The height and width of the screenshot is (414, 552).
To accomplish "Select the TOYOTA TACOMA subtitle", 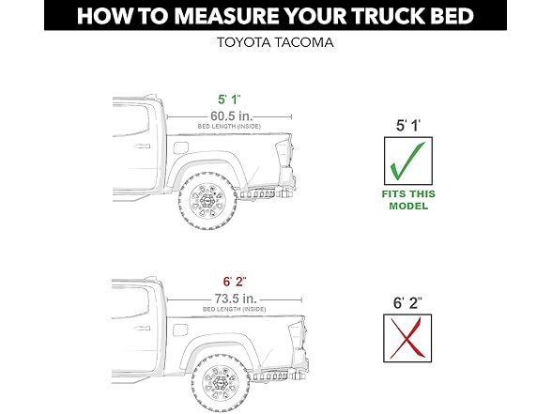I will click(x=275, y=42).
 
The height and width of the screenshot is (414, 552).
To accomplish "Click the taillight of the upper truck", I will click(x=290, y=154).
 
